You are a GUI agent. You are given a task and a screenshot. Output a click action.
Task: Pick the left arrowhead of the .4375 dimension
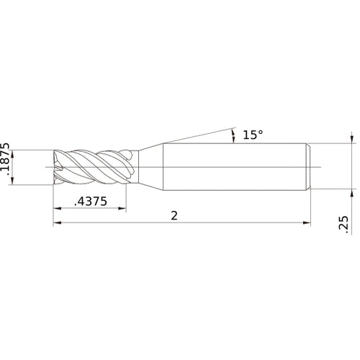click(x=57, y=210)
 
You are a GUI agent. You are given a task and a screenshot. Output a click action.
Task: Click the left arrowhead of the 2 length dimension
click(x=57, y=224)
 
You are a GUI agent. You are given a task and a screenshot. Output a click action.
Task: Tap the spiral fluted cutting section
click(x=94, y=167)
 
